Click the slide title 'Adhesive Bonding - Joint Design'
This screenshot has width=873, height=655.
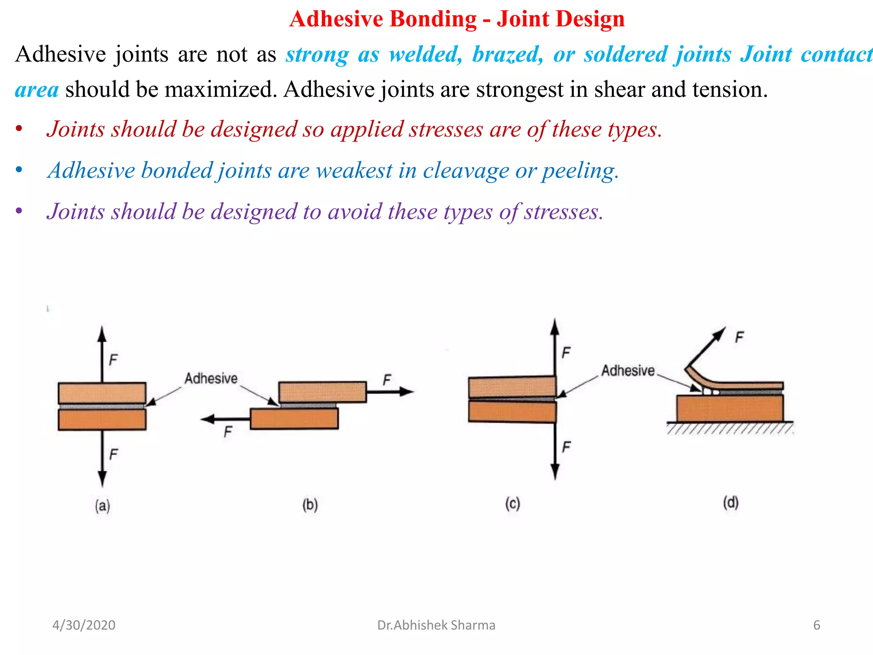pyautogui.click(x=457, y=19)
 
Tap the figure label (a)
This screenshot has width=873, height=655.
pyautogui.click(x=102, y=506)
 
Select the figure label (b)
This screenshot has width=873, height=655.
pyautogui.click(x=310, y=505)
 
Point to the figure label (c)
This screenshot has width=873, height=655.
pyautogui.click(x=512, y=504)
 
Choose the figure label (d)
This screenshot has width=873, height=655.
pyautogui.click(x=731, y=502)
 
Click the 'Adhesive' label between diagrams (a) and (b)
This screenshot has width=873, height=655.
pyautogui.click(x=211, y=378)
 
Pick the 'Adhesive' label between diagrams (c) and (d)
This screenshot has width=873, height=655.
pyautogui.click(x=627, y=371)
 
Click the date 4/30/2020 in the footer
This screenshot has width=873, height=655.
pyautogui.click(x=84, y=625)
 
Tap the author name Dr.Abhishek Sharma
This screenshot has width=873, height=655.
pyautogui.click(x=436, y=625)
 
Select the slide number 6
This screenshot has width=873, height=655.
pyautogui.click(x=816, y=625)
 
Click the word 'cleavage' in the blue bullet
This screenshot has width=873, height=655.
pyautogui.click(x=465, y=171)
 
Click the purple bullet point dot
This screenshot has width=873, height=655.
pyautogui.click(x=19, y=211)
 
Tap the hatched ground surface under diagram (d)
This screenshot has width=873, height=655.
pyautogui.click(x=729, y=428)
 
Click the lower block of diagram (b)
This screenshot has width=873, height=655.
pyautogui.click(x=294, y=419)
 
